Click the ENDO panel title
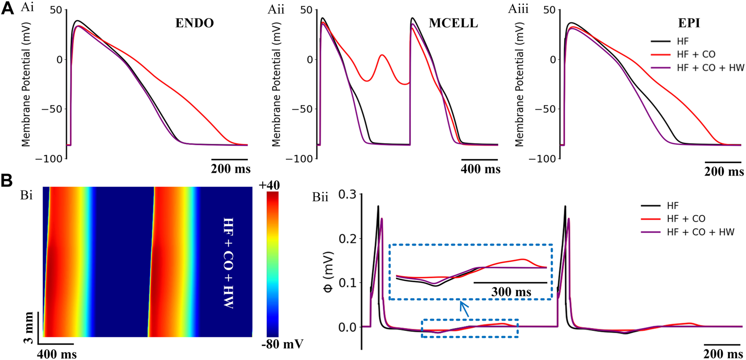coord(194,23)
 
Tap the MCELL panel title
coord(453,23)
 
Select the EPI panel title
coord(689,23)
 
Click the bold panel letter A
coord(7,8)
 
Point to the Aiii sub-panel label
coord(518,8)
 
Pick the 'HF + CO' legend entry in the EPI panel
coord(696,54)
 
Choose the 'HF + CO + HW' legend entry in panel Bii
coord(700,232)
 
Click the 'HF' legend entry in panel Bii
coord(672,206)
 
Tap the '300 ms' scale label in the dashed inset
coord(511,292)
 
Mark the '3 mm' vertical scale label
coord(29,327)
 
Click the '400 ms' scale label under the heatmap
coord(57,353)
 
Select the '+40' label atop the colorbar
coord(269,186)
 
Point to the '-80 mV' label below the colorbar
coord(282,344)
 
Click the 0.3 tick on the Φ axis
coord(347,194)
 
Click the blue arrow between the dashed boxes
coord(464,309)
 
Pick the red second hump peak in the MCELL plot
coord(382,55)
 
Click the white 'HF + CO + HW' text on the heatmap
coord(228,263)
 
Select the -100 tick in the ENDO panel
coord(49,159)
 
